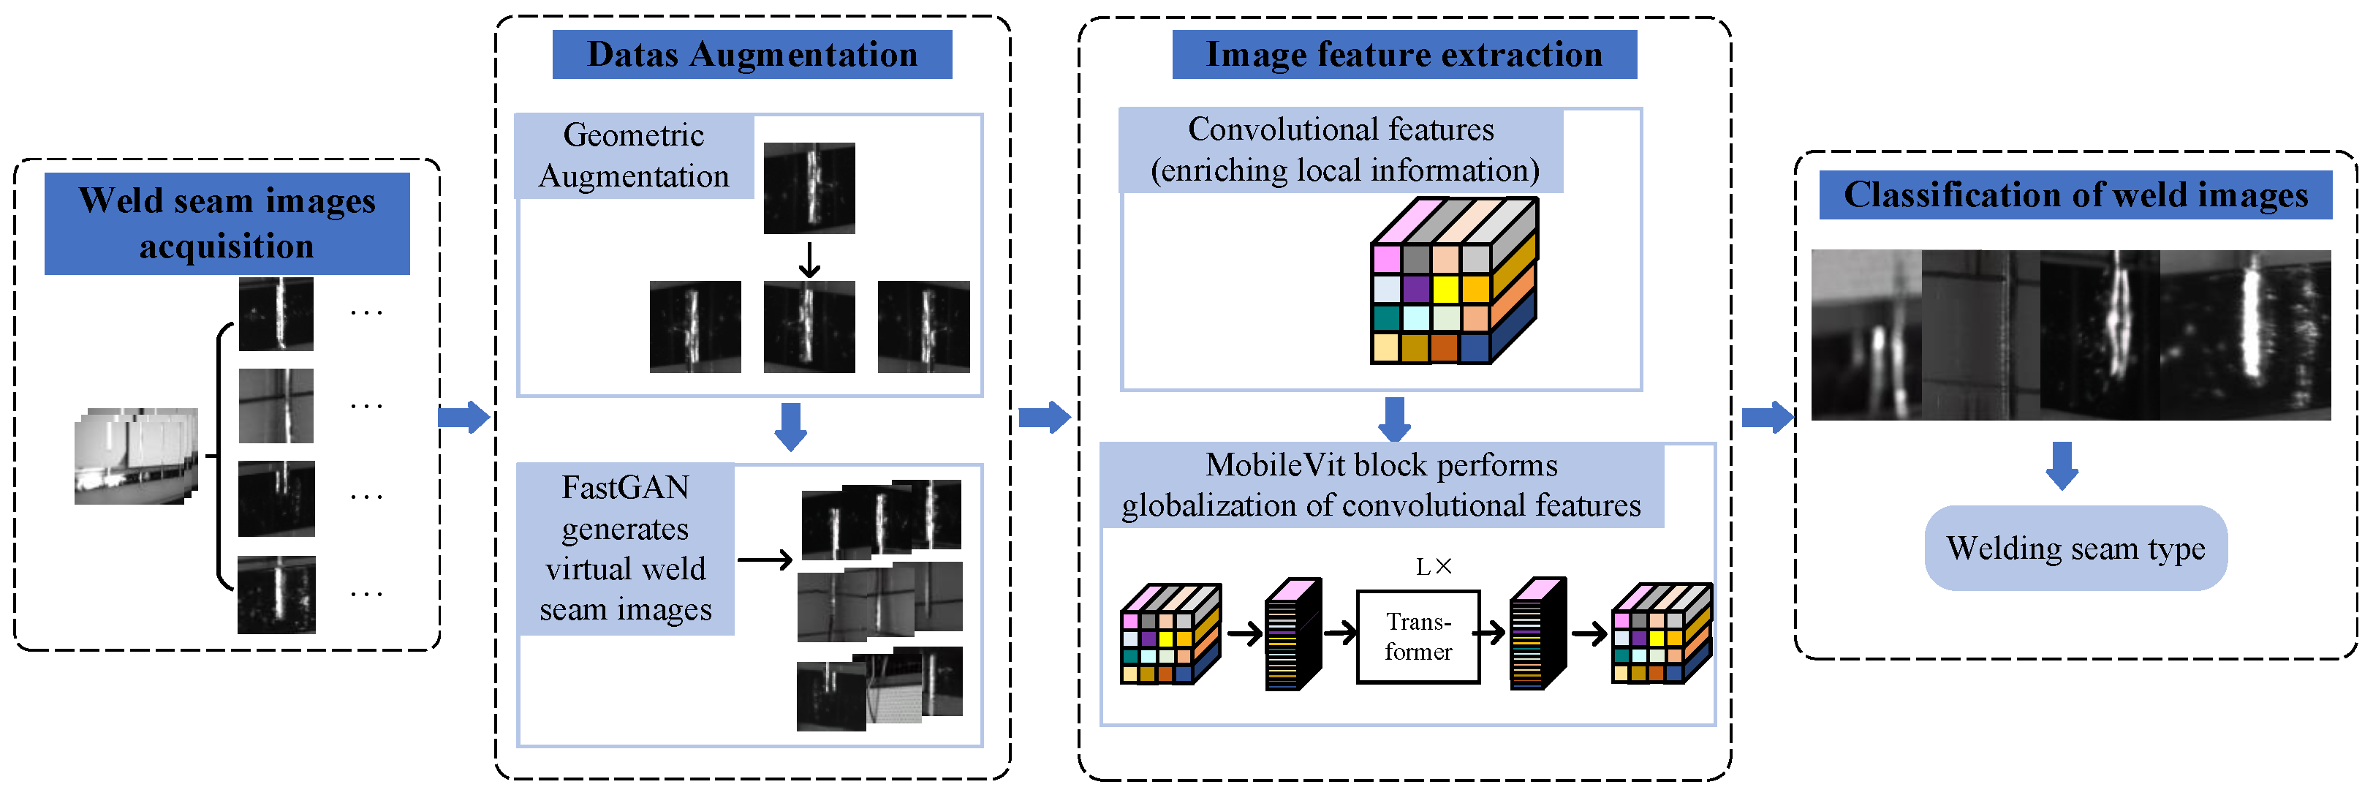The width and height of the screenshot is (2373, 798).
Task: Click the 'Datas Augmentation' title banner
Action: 752,54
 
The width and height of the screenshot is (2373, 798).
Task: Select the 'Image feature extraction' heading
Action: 1404,54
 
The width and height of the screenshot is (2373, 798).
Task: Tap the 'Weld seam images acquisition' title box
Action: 227,223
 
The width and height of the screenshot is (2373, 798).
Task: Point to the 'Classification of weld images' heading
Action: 2075,195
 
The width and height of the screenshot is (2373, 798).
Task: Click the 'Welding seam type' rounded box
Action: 2075,549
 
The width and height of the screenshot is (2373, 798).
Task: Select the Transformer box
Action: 1418,637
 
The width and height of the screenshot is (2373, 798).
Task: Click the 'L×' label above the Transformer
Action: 1434,567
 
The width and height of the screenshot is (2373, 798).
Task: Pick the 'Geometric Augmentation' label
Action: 634,156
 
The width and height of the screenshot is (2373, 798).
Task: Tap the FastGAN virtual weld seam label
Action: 626,549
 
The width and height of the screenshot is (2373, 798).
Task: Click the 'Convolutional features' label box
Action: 1341,150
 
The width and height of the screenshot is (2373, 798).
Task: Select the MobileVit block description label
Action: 1382,486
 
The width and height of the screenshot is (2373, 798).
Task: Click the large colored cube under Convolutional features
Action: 1453,281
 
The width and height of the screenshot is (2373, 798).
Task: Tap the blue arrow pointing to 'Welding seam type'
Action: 2062,465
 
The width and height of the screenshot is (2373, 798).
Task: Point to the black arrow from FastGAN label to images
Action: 765,560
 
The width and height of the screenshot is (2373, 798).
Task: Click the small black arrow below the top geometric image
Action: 809,260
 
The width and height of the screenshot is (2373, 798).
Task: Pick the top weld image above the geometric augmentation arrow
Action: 809,188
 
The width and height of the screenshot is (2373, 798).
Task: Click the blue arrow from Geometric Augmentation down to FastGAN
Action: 790,426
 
